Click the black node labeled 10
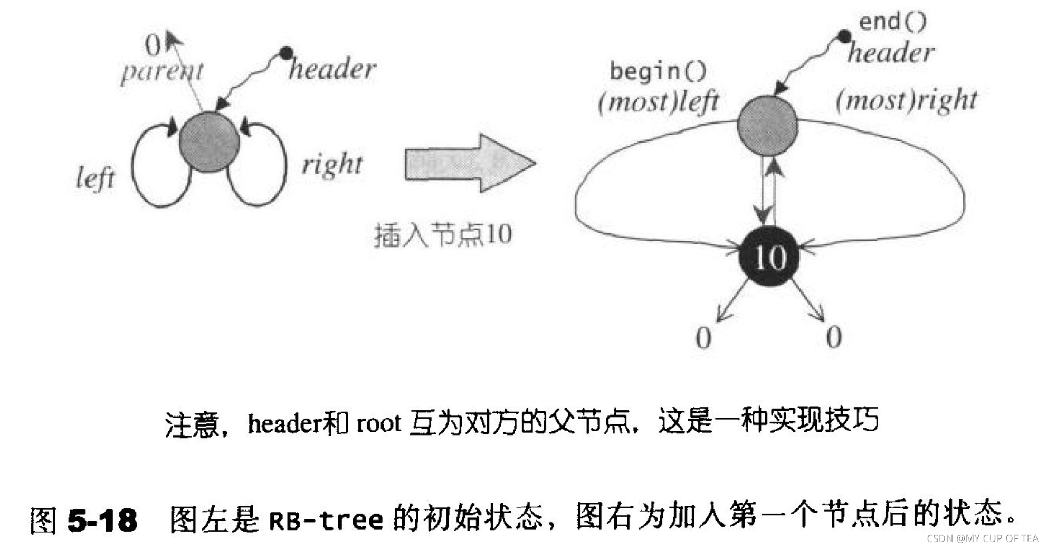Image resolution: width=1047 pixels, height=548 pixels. coord(768,257)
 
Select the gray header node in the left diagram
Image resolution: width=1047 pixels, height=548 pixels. coord(210,141)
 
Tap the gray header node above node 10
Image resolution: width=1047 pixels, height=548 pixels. coord(767,125)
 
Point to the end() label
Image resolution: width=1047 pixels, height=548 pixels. coord(892,22)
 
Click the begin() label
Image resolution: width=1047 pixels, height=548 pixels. coord(658,71)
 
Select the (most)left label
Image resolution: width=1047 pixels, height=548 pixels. coord(658,101)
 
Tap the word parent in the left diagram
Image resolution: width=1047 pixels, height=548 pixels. coord(161,71)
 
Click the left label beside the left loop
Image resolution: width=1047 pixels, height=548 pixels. coord(95,177)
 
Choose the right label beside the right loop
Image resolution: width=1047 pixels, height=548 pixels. coord(332,165)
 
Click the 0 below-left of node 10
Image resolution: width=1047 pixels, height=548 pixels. coord(703,337)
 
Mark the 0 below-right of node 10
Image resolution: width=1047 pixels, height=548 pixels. coord(834,337)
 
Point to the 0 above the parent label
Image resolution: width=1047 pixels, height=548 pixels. coord(153,45)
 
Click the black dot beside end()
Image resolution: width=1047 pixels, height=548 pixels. coord(844,36)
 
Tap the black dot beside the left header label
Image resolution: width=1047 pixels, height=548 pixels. coord(286,53)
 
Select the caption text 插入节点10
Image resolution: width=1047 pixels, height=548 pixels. coord(442,234)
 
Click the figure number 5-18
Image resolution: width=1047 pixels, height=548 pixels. coord(102,520)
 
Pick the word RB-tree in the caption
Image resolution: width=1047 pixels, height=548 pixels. coord(326,520)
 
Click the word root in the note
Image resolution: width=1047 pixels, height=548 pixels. coord(378,423)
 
